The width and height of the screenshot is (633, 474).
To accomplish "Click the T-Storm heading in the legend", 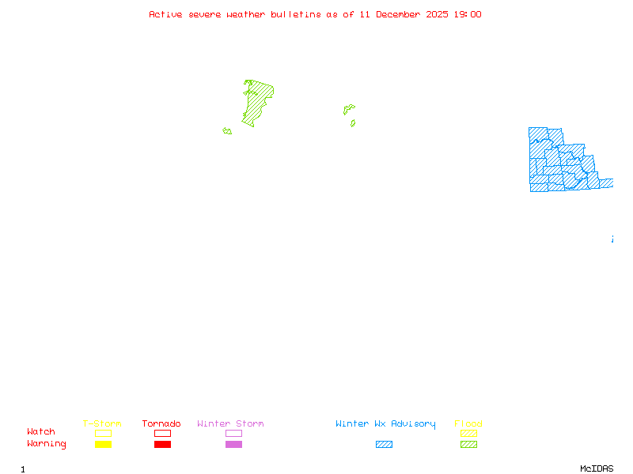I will (x=102, y=424).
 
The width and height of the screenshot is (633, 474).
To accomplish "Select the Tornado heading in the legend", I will (x=161, y=424).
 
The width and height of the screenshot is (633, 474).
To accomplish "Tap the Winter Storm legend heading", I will (x=230, y=424).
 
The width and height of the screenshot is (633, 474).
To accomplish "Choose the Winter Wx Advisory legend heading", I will (x=385, y=424).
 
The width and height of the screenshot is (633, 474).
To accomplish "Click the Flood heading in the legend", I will (x=468, y=424).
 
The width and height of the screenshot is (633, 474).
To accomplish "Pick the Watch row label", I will (x=41, y=432).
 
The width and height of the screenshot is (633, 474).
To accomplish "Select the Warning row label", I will (x=47, y=444).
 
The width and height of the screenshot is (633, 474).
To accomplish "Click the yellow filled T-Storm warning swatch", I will (x=103, y=445).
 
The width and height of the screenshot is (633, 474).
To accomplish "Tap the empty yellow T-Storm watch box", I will (x=103, y=433).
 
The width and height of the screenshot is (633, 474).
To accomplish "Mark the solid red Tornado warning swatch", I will (x=162, y=445).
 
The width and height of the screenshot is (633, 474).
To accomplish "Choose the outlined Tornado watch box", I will (x=162, y=433).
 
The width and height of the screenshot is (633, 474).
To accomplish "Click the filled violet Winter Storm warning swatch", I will (x=233, y=445).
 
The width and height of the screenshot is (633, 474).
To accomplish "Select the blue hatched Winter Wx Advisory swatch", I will (x=384, y=445).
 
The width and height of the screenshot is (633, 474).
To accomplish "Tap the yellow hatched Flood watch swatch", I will (x=468, y=433).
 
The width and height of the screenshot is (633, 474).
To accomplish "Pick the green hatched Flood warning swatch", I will (x=468, y=445).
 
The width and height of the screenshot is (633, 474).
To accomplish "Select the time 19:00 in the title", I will (x=466, y=14).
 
